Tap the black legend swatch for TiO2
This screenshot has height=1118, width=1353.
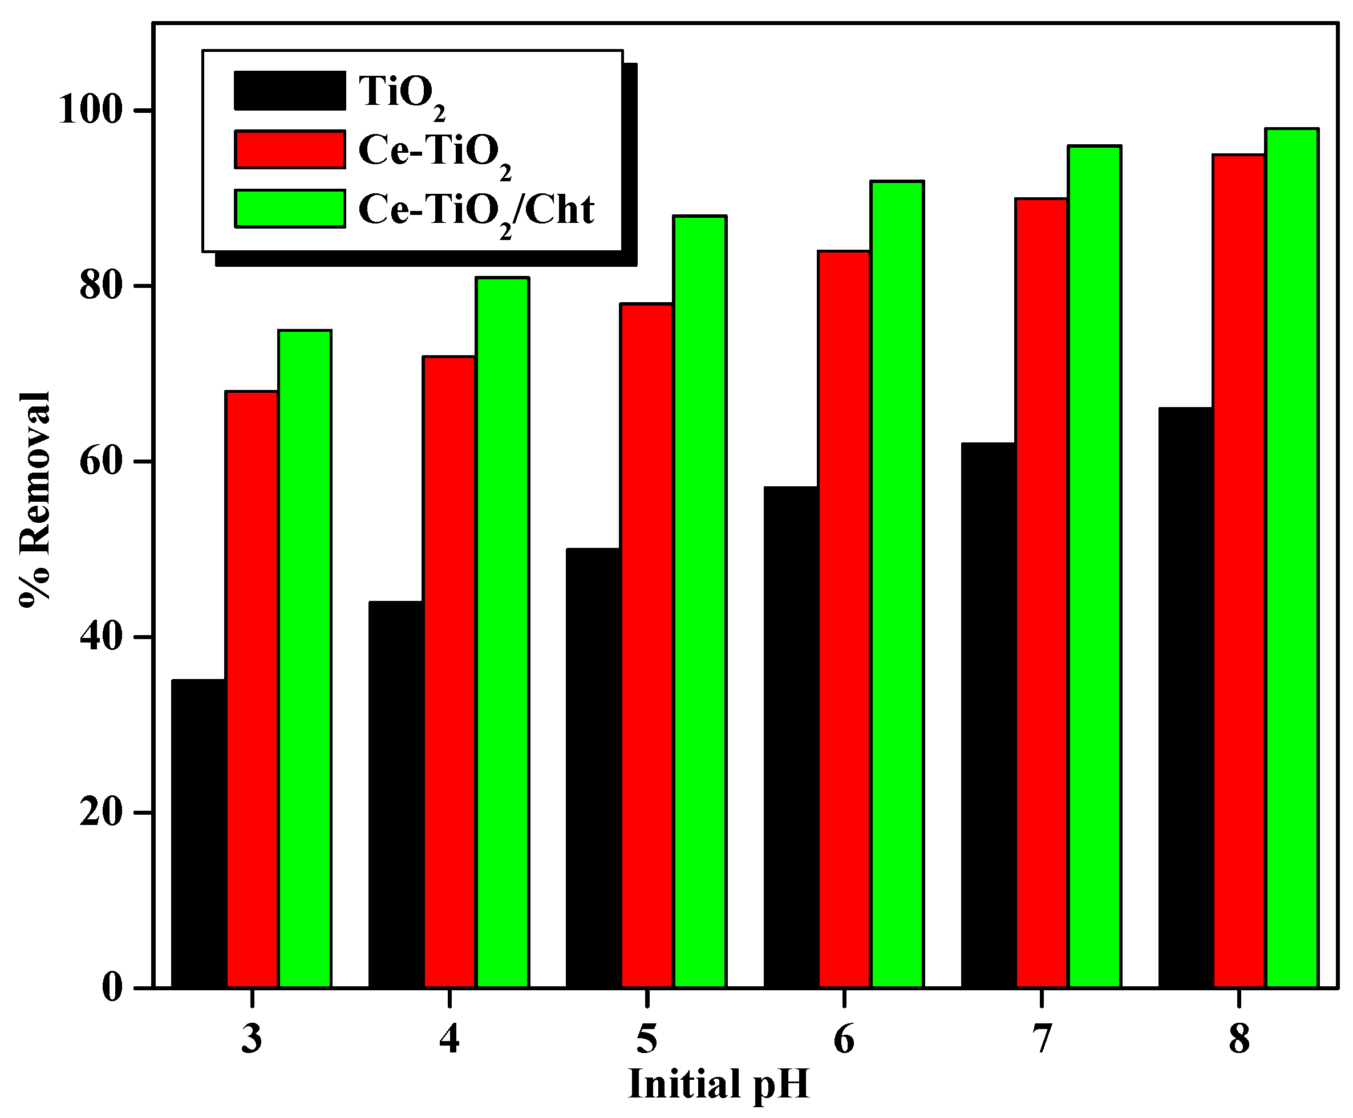pos(289,90)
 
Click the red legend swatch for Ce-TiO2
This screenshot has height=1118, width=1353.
pos(289,149)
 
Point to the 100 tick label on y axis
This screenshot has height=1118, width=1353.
pos(91,111)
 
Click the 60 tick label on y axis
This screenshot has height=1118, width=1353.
pos(101,462)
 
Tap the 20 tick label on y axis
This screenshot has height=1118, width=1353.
pos(101,814)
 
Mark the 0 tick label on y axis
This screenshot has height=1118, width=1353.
pos(112,988)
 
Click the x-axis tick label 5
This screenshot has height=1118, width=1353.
pos(646,1039)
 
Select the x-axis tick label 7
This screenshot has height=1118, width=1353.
pos(1041,1039)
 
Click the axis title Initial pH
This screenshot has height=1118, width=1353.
pos(718,1084)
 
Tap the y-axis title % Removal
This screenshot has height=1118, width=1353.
pos(34,499)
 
